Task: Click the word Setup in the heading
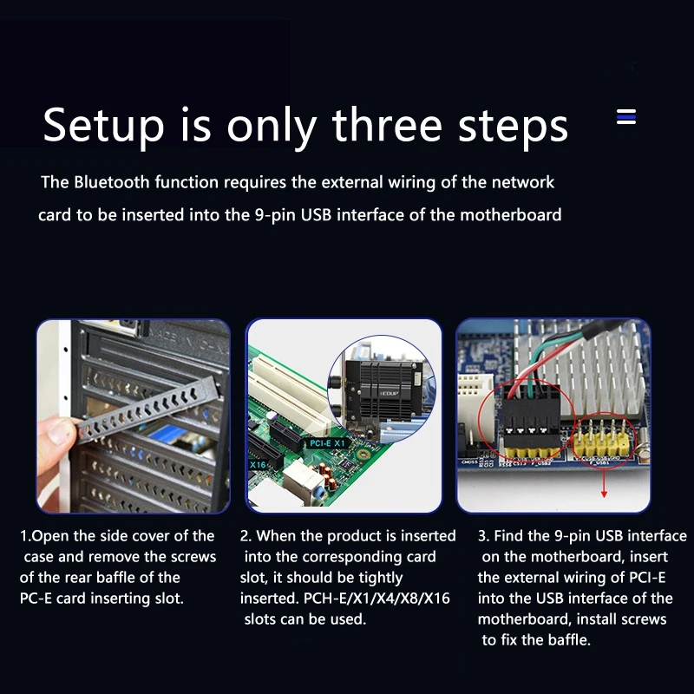pos(103,126)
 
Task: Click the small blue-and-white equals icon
pos(626,117)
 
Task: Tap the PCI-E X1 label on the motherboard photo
pos(326,443)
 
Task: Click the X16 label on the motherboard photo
pos(259,466)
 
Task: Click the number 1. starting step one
pos(25,536)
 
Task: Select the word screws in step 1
pos(193,557)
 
